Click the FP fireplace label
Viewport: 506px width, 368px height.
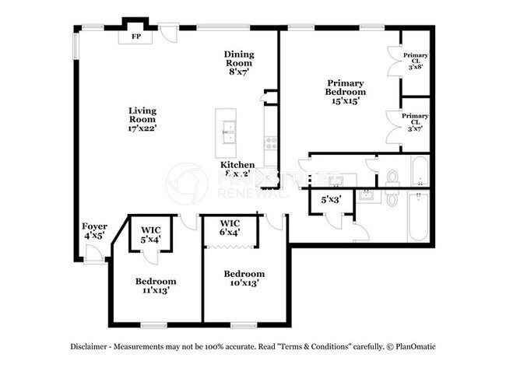(x=135, y=36)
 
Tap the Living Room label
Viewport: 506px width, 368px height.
(x=142, y=119)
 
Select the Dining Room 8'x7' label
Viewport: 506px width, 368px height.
(x=239, y=62)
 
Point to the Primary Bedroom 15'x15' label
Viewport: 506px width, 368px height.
(x=346, y=91)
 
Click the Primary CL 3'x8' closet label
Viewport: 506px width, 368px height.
(x=415, y=61)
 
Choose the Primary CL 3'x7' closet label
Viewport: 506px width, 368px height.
(x=415, y=121)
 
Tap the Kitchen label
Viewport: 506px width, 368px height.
(x=237, y=165)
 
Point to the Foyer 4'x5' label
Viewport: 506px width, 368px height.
(x=94, y=231)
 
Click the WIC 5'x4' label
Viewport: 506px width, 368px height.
(x=151, y=235)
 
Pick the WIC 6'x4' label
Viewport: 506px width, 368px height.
(x=230, y=227)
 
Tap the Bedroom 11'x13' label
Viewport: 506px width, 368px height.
(x=156, y=286)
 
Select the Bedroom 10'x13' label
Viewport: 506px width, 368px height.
(x=244, y=279)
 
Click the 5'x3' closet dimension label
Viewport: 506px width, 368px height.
(x=332, y=199)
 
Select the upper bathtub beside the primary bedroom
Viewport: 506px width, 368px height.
(x=418, y=171)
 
